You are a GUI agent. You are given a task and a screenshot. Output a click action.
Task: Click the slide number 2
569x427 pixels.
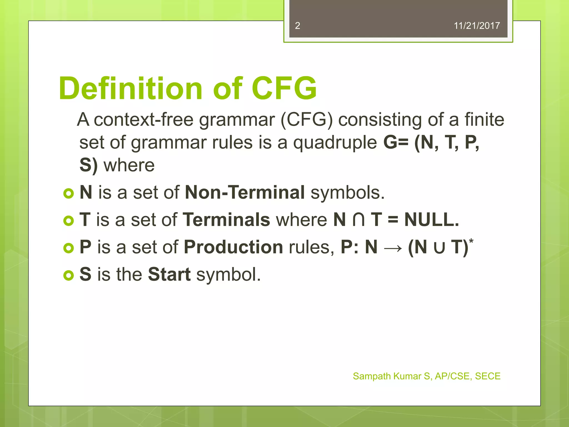297,26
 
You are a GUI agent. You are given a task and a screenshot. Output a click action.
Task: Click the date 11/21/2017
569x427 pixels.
476,26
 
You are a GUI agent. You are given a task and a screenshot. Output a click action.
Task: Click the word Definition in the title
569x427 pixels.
131,88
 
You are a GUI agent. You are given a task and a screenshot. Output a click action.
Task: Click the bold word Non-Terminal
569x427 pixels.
245,192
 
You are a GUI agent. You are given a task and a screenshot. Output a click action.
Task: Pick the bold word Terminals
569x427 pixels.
226,220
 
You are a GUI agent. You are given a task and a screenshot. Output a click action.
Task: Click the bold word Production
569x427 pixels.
233,247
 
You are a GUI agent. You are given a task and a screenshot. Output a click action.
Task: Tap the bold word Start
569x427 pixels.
169,274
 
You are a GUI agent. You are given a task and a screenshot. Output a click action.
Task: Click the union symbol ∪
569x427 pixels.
439,247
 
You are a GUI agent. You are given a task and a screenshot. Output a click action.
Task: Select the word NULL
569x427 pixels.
431,220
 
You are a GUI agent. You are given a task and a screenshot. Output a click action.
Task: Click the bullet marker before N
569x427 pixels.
68,193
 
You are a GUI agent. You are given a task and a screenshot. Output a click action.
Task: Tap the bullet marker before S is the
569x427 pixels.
68,275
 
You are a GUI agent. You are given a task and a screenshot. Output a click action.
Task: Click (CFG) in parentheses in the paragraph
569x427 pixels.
306,120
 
